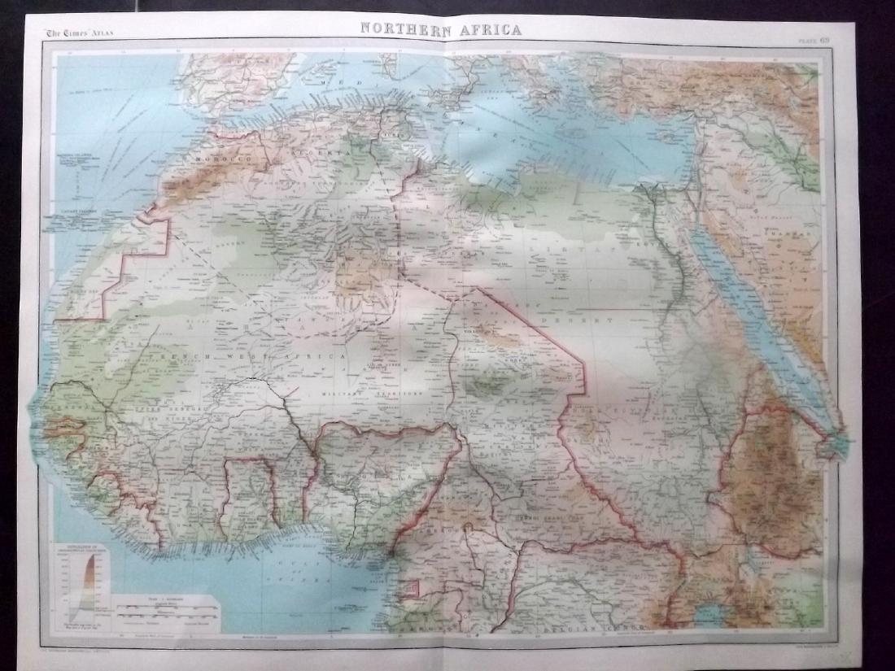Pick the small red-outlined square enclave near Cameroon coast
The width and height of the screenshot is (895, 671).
pyautogui.click(x=415, y=588)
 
